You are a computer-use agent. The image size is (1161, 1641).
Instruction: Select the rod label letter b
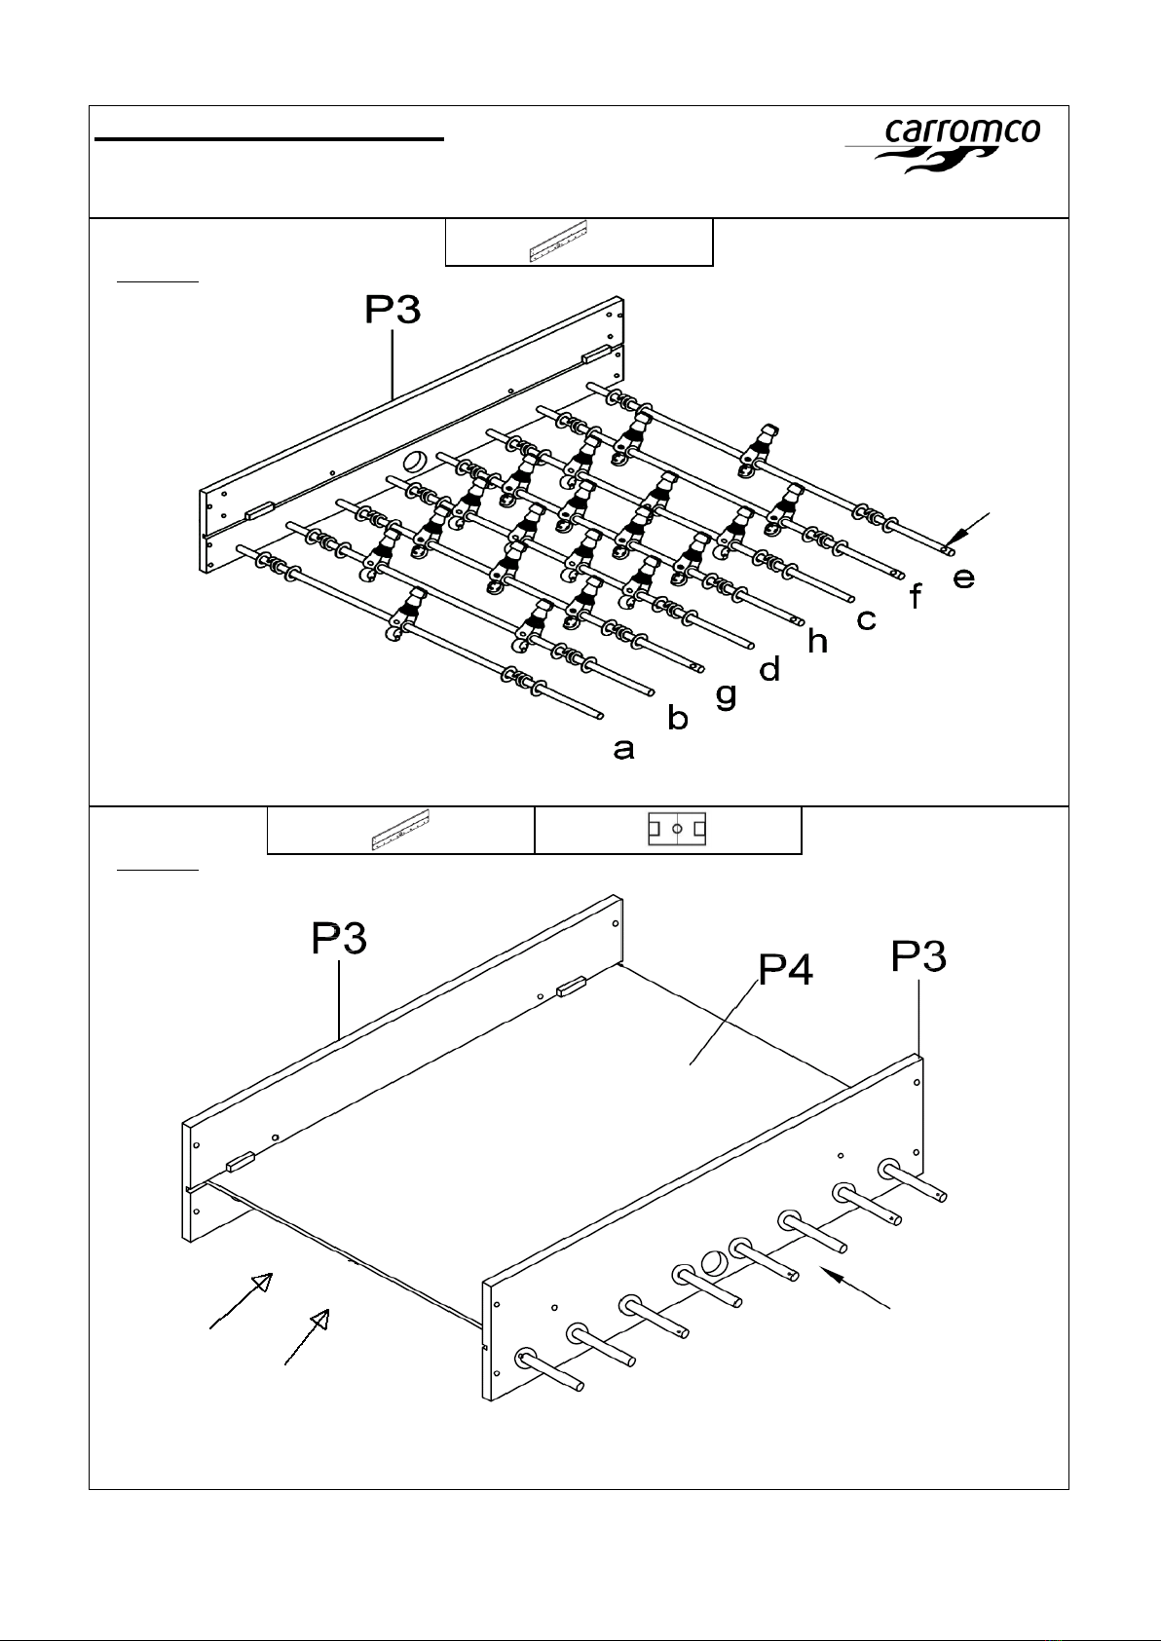[678, 717]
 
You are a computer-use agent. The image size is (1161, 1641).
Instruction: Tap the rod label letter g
[726, 695]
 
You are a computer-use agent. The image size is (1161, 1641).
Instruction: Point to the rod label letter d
[769, 668]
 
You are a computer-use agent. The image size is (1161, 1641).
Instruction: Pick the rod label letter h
[817, 640]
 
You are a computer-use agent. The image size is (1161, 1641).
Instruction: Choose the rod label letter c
[867, 619]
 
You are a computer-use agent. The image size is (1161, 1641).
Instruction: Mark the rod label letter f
[915, 596]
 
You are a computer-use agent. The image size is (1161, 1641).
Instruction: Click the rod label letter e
[964, 578]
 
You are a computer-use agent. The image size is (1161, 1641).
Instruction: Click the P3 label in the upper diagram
[393, 309]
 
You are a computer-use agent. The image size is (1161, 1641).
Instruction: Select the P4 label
[785, 969]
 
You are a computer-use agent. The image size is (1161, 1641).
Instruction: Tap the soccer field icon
[677, 829]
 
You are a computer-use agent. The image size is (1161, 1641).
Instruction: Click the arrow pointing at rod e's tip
[965, 528]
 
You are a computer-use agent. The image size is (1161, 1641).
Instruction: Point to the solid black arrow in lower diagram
[855, 1287]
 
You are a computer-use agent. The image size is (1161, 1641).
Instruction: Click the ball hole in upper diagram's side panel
[415, 463]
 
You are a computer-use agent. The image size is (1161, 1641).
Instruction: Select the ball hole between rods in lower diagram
[714, 1262]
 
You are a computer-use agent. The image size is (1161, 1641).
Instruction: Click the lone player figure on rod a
[405, 614]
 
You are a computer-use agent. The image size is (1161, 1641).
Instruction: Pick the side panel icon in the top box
[558, 241]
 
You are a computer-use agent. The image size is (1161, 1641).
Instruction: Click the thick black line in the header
[270, 138]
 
